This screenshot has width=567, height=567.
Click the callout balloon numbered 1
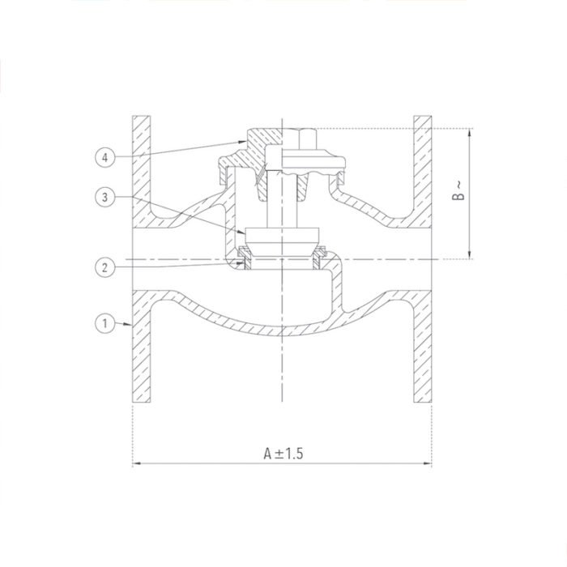click(103, 324)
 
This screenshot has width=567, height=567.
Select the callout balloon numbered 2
click(103, 266)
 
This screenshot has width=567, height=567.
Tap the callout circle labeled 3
click(103, 197)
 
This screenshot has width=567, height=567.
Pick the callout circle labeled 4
click(103, 158)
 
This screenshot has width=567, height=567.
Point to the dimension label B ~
click(458, 191)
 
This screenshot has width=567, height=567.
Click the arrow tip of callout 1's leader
click(130, 324)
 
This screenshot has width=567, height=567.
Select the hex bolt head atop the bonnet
click(302, 139)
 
